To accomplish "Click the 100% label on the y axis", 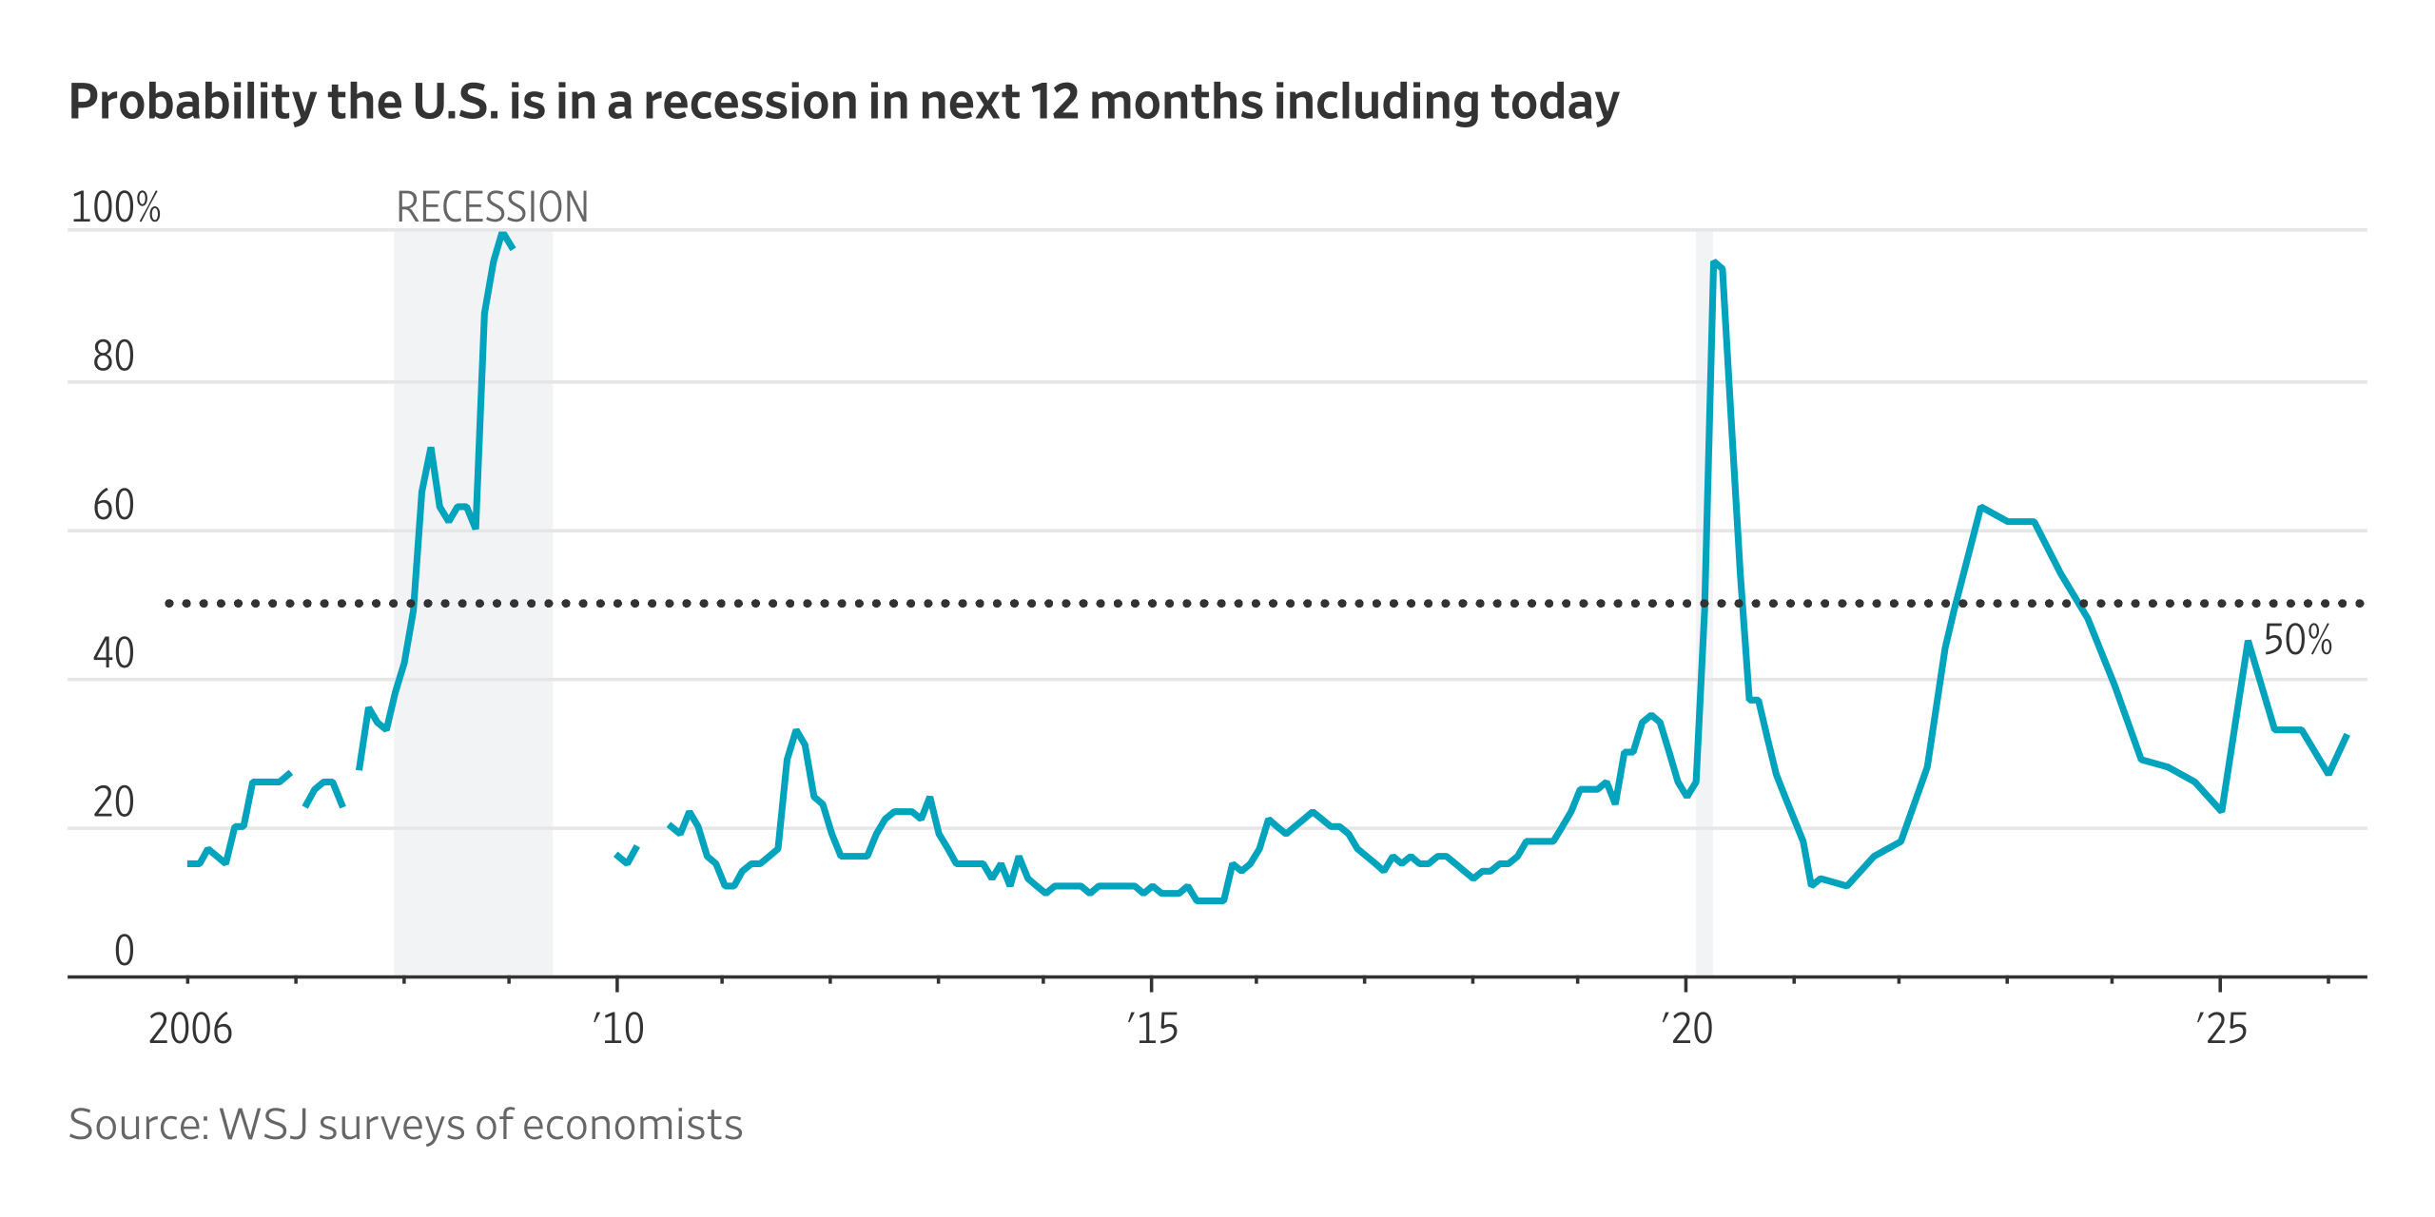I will point(116,207).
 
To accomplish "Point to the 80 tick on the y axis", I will point(113,357).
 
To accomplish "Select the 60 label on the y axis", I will point(113,505).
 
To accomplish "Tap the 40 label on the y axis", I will point(113,654).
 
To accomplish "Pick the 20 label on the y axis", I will point(113,802).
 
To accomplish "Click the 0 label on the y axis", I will point(124,951).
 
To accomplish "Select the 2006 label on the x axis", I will point(190,1029).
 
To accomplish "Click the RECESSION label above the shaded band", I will point(492,207).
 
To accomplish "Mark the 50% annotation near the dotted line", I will point(2297,640).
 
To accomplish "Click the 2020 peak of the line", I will point(1714,263).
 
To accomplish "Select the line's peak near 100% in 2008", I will point(502,234).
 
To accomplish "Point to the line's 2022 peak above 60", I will point(1980,508).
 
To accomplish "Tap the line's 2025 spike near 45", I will point(2248,644).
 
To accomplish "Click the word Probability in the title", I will point(191,103).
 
